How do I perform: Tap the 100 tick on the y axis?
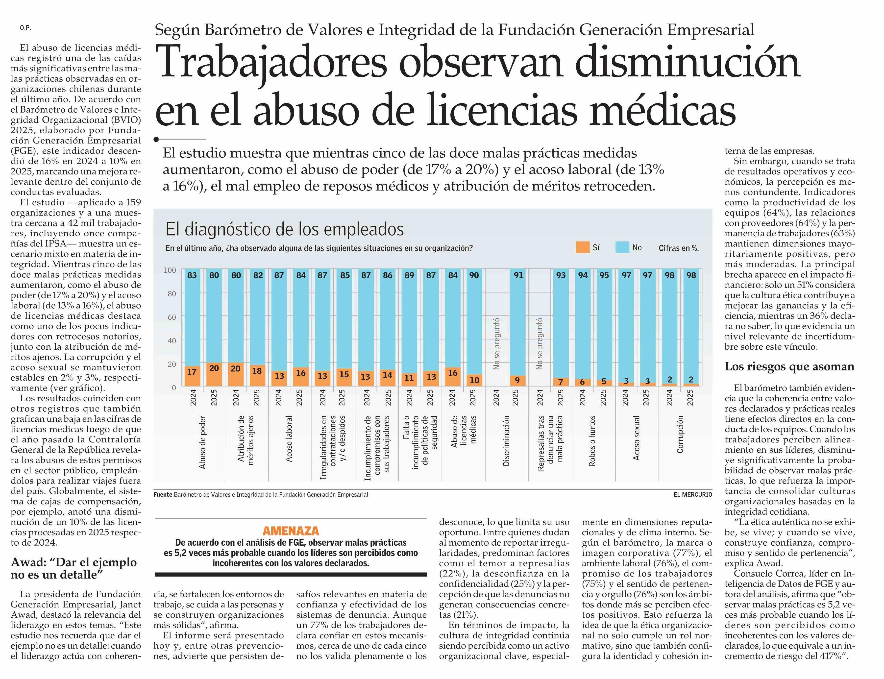[x=170, y=270]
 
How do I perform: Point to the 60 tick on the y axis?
[x=172, y=317]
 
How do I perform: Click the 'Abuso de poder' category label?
[x=202, y=442]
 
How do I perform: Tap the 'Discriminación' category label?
[x=506, y=440]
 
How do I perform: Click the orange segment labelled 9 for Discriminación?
[x=517, y=380]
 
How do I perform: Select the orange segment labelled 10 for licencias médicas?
[x=474, y=380]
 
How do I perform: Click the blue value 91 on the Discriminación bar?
[x=518, y=275]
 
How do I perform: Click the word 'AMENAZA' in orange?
[x=291, y=531]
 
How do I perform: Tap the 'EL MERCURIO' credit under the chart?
[x=692, y=494]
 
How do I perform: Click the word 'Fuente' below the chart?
[x=163, y=494]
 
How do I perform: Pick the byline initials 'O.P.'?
[x=25, y=28]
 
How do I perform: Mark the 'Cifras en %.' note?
[x=678, y=248]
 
